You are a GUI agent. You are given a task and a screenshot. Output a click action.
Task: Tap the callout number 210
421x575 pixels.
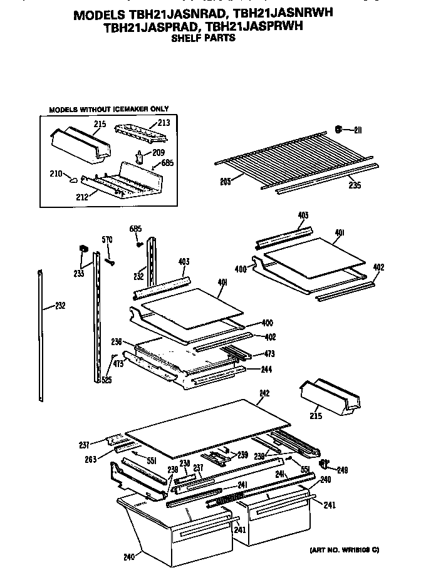[x=56, y=174]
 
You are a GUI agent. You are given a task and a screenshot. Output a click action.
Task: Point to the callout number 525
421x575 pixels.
[x=107, y=380]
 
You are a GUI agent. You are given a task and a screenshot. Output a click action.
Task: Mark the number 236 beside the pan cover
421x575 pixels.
[x=117, y=341]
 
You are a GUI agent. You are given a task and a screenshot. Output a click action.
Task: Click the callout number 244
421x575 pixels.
[x=266, y=369]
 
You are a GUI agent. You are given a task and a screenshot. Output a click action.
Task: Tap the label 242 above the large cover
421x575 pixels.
[x=264, y=394]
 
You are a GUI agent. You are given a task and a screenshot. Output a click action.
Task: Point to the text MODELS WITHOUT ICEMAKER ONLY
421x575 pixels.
[x=108, y=109]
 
